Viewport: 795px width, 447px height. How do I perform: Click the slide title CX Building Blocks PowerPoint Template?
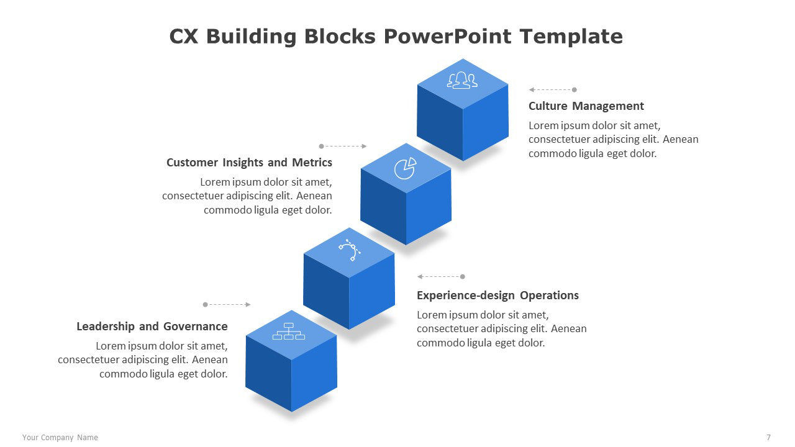coord(396,37)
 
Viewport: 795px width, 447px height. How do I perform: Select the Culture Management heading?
coord(586,106)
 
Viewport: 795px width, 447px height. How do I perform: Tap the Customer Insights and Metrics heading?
coord(249,163)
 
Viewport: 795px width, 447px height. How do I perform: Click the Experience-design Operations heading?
coord(497,296)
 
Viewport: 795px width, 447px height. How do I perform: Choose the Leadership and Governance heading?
coord(152,327)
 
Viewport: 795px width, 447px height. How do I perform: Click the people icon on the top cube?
coord(462,80)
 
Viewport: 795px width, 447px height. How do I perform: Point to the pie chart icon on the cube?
coord(405,168)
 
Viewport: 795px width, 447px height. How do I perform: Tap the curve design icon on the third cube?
coord(350,250)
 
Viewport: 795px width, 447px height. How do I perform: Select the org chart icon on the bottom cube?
coord(289,332)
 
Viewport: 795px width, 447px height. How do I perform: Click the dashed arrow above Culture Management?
coord(553,90)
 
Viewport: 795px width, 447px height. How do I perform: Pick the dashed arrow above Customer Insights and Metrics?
coord(343,147)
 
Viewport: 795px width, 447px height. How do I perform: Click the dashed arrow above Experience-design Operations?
coord(441,277)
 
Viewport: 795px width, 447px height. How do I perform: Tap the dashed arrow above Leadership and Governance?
coord(227,305)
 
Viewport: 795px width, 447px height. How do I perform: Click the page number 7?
coord(768,438)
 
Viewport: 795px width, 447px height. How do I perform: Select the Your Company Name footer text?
coord(60,438)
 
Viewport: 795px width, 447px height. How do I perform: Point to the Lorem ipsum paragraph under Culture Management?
coord(613,140)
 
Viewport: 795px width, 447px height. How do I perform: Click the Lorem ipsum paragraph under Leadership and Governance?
coord(143,360)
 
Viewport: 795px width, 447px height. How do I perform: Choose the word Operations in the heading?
coord(549,296)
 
